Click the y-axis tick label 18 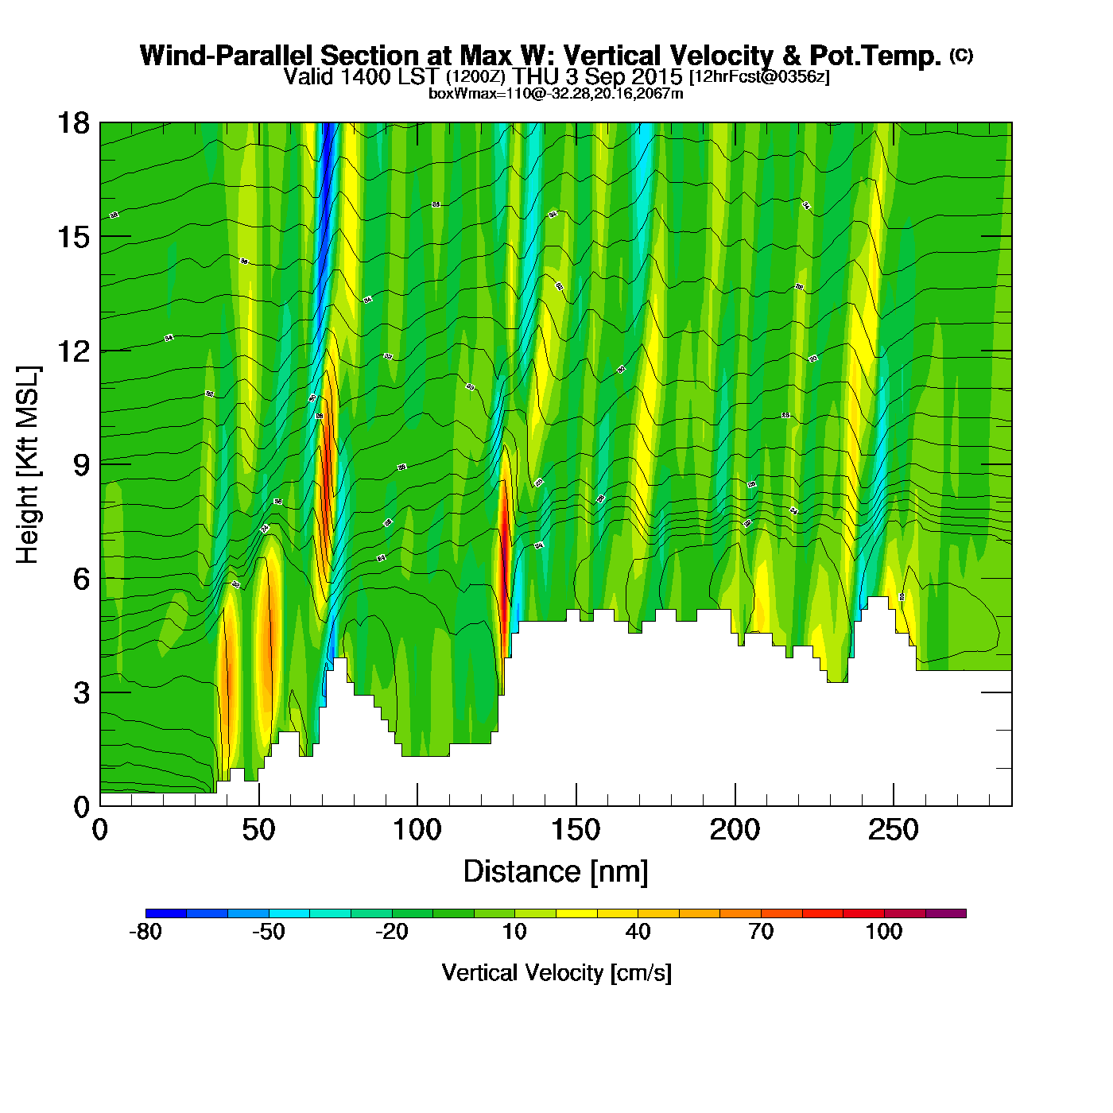72,123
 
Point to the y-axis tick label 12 72,351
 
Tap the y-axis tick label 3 81,692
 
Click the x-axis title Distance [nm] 556,872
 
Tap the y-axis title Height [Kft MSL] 28,465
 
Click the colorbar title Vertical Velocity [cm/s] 556,973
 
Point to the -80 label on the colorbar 145,932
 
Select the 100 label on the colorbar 883,932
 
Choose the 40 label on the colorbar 638,932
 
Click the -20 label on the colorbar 391,932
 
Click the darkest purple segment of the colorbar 946,913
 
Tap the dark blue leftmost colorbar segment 166,913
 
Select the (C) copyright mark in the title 961,55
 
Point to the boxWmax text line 556,93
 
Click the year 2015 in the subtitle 657,76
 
